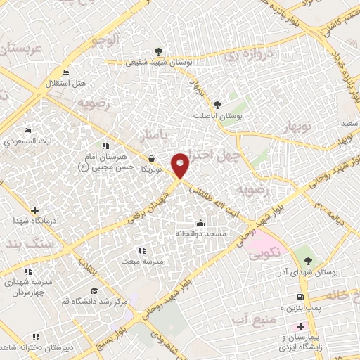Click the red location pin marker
pos(181,165)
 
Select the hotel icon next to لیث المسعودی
pos(27,131)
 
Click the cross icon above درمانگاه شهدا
pos(34,210)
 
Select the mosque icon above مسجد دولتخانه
pos(200,224)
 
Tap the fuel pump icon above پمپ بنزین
pos(301,297)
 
